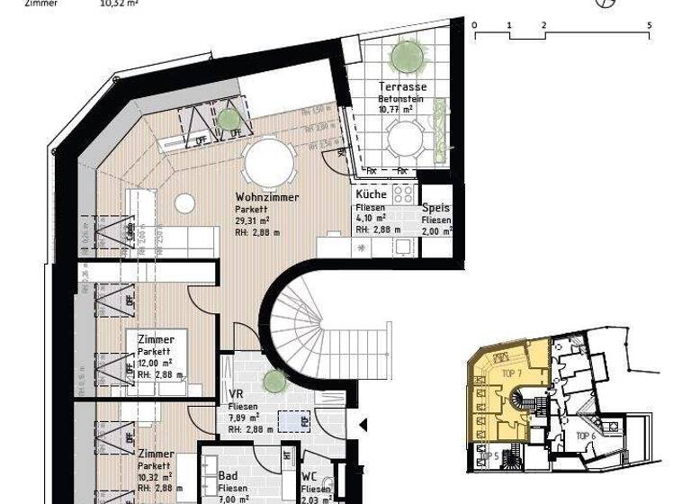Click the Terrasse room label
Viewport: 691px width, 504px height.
coord(402,86)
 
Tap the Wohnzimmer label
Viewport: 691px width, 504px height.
coord(266,197)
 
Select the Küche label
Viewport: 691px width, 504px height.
coord(371,194)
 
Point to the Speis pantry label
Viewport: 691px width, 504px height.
coord(436,208)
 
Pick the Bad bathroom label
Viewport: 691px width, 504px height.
coord(229,476)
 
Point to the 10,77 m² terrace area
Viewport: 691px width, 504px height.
coord(396,109)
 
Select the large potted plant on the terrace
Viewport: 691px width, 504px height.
coord(403,56)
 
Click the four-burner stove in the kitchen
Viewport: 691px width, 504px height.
coord(403,193)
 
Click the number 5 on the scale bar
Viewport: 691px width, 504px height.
coord(649,25)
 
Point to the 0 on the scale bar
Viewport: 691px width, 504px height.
coord(474,25)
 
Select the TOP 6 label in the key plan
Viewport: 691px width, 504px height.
coord(588,436)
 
